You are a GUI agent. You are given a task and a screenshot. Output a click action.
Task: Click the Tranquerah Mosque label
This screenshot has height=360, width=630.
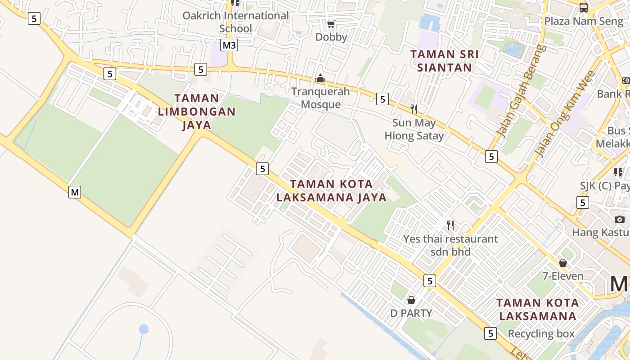[x=320, y=98]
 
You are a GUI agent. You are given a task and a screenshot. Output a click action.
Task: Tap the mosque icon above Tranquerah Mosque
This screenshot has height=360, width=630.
[x=320, y=79]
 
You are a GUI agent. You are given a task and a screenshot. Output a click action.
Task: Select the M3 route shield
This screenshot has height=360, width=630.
[x=229, y=45]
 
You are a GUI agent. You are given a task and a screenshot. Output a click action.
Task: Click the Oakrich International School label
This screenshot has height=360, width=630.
[x=235, y=22]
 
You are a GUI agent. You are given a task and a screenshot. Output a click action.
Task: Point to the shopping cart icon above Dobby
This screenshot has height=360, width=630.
[x=331, y=24]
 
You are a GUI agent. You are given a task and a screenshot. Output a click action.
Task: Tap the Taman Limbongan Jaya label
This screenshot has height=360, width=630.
[x=197, y=111]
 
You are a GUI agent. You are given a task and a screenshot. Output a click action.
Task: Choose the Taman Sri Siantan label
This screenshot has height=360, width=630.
[x=444, y=61]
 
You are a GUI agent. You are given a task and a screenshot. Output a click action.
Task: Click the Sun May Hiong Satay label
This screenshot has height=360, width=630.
[x=414, y=129]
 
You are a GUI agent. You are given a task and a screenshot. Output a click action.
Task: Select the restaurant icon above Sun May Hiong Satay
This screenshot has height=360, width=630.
[x=414, y=109]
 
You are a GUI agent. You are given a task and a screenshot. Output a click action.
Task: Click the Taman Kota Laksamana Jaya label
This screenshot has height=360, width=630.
[x=332, y=191]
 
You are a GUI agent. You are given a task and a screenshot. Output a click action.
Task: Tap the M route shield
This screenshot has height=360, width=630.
[x=75, y=192]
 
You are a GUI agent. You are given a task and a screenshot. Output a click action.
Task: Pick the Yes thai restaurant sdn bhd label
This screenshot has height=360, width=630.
[x=450, y=245]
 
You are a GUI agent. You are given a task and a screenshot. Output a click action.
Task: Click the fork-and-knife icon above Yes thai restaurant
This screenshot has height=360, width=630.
[x=450, y=225]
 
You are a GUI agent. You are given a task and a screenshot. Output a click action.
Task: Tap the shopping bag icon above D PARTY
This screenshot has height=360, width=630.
[x=411, y=300]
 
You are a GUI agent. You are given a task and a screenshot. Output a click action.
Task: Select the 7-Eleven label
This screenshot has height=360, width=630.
[x=563, y=276]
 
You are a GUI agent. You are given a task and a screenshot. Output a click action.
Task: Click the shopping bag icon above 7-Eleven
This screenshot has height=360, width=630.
[x=563, y=263]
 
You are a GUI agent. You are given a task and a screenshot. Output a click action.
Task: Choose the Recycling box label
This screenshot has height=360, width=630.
[x=541, y=333]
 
